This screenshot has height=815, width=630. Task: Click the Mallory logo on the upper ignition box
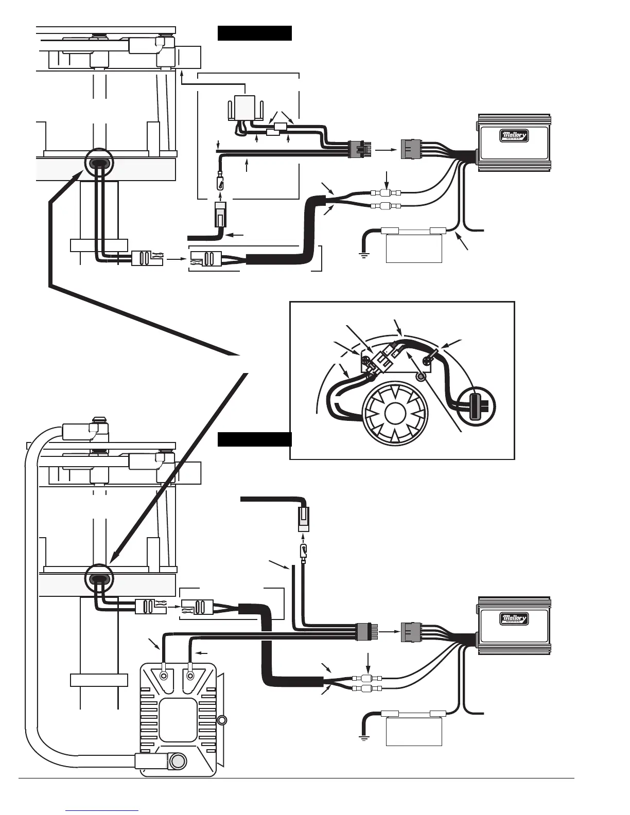(x=514, y=136)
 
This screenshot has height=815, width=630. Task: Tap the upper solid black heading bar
(x=255, y=33)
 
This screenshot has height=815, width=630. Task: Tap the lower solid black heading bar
(x=255, y=440)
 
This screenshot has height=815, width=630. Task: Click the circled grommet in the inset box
(x=477, y=406)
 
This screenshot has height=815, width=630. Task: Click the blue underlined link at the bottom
(x=102, y=810)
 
